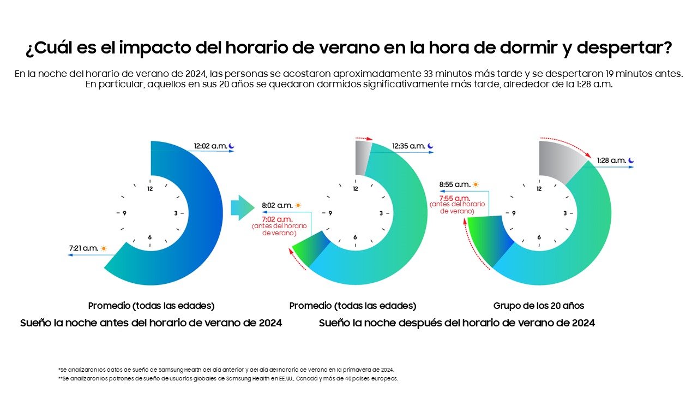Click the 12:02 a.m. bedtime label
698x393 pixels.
coord(210,146)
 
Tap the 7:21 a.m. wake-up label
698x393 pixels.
coord(83,248)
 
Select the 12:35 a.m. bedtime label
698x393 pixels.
coord(408,146)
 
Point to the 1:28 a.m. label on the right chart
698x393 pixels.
coord(611,160)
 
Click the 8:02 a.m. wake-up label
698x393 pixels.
coord(277,206)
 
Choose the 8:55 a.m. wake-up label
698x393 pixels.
coord(454,184)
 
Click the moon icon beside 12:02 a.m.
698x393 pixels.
coord(231,146)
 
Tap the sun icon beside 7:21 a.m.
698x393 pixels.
coord(104,248)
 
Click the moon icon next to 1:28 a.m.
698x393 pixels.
coord(631,160)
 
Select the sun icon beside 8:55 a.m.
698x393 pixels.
coord(476,184)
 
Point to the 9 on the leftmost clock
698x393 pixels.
coord(125,213)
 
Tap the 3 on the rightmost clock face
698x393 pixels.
coord(564,213)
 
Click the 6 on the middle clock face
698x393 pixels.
coord(355,237)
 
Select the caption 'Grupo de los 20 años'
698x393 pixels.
coord(538,306)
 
